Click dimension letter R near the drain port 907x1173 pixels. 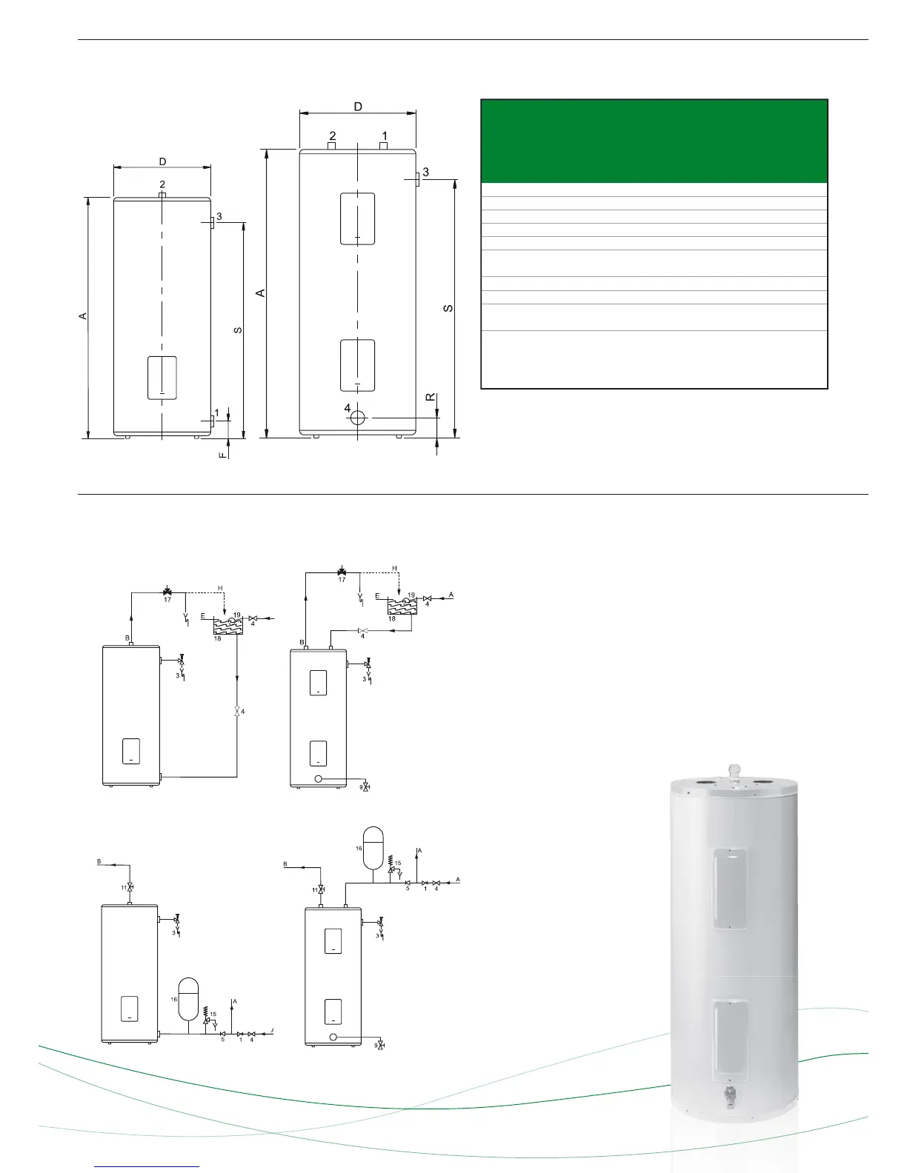point(430,398)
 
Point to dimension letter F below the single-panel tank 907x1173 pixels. point(222,455)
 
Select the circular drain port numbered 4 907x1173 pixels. point(358,417)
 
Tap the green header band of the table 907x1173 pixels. point(654,141)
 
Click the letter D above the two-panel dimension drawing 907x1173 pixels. point(358,107)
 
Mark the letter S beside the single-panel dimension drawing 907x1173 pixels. point(238,330)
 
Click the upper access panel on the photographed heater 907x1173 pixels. point(730,889)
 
